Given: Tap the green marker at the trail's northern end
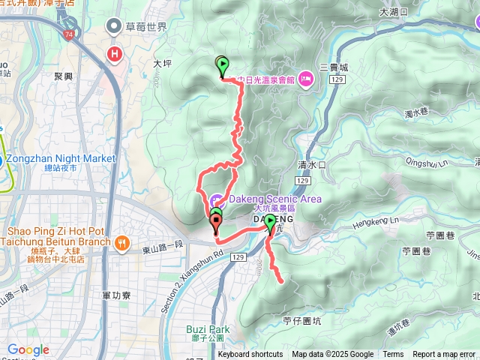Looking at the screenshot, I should [x=222, y=65].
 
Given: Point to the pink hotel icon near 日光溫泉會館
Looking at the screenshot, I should [x=305, y=78].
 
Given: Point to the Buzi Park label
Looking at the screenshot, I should [x=208, y=328].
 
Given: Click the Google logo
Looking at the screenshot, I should [x=28, y=350].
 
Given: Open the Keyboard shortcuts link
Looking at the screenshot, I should [x=250, y=355].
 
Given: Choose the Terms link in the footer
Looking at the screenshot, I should [x=393, y=355].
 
